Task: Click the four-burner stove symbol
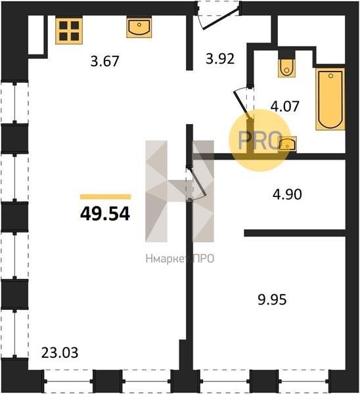pos(69,31)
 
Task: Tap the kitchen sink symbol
pos(139,27)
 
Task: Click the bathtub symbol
pos(330,99)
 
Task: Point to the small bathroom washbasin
pos(288,144)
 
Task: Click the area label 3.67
pos(104,61)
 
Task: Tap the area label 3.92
pos(220,59)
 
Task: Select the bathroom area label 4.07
pos(285,106)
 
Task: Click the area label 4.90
pos(287,194)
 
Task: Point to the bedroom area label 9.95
pos(272,300)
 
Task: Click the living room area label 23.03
pos(60,353)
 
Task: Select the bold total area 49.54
pos(105,214)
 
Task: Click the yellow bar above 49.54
pos(105,197)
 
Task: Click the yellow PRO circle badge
pos(259,141)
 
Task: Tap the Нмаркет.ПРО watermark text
pos(180,259)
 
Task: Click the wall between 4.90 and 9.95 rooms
pos(295,233)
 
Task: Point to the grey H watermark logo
pos(180,191)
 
